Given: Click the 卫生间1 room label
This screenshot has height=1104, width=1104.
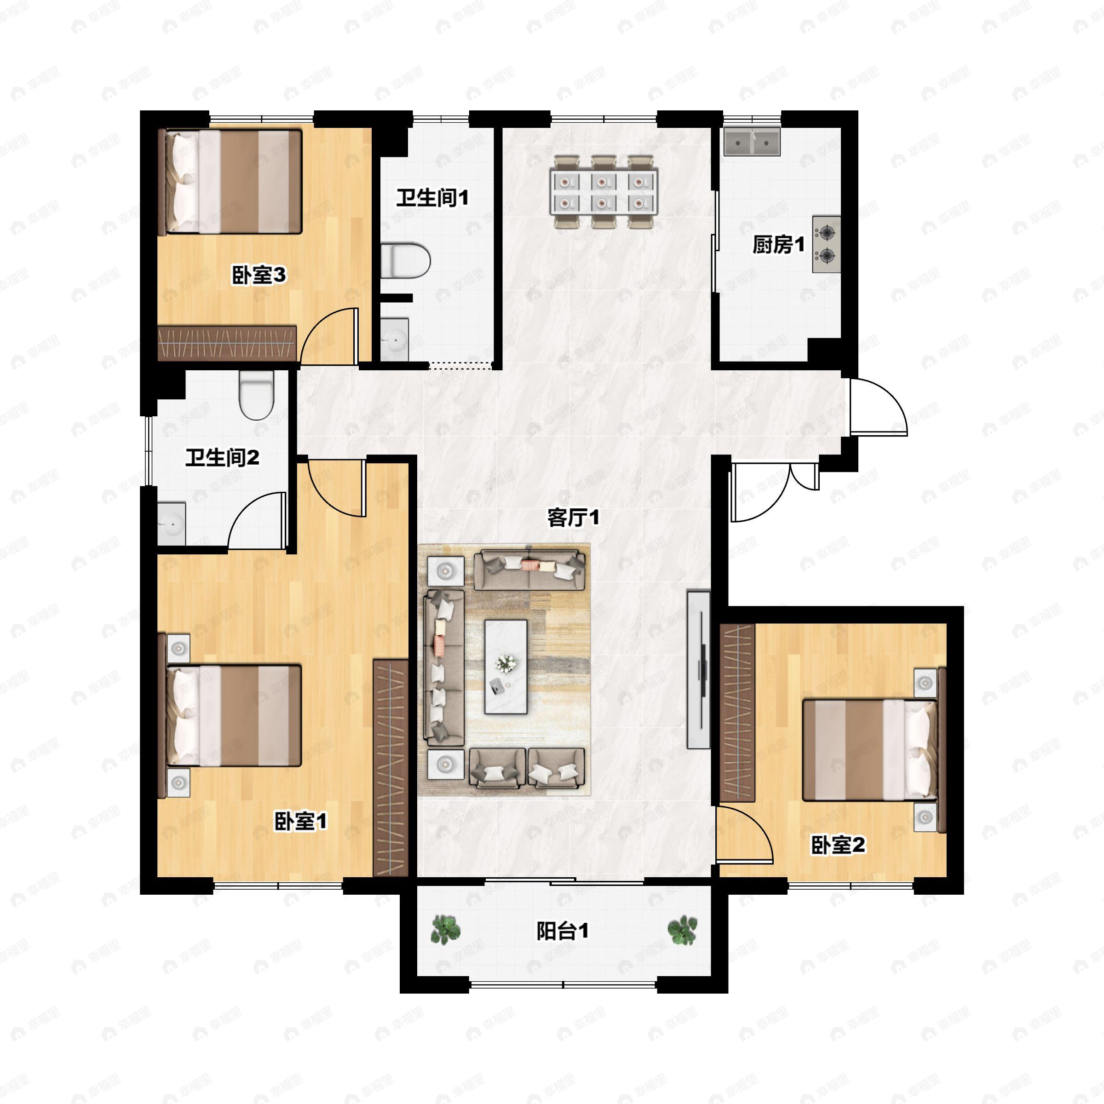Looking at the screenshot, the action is tap(432, 198).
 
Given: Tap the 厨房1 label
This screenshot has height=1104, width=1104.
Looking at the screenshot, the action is tap(778, 245).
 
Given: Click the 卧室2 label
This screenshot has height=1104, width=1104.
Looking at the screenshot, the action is tap(838, 845).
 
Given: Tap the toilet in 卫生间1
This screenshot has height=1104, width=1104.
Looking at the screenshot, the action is tap(405, 261).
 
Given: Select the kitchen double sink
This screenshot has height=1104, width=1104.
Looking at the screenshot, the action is tap(752, 141).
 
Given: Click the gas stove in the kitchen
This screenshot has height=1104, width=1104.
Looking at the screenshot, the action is tap(826, 245).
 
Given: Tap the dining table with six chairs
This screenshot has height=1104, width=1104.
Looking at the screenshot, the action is tap(604, 192).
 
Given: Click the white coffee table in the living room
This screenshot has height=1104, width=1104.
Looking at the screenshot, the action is tap(506, 667).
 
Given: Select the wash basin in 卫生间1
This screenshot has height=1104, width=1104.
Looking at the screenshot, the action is tap(394, 339).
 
